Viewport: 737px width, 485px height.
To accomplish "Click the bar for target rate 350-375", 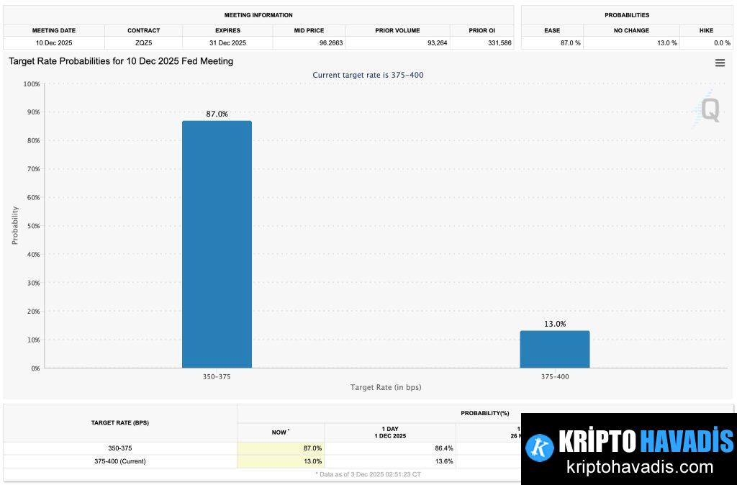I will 217,244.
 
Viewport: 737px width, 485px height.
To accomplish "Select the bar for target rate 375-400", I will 554,349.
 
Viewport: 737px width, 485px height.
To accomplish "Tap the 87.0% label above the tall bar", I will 217,114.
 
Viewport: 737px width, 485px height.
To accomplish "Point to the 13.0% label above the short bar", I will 554,324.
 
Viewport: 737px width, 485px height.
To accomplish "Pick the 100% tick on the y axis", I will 31,84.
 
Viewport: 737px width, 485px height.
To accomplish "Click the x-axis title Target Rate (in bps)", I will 386,387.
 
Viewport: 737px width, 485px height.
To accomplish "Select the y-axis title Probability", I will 15,226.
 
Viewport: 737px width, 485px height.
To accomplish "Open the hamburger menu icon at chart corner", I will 720,63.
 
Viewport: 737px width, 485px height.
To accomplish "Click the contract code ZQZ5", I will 143,43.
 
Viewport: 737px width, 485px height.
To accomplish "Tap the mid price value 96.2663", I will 309,43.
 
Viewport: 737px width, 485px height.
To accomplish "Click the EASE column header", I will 552,30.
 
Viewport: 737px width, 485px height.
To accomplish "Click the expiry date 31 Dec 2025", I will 227,43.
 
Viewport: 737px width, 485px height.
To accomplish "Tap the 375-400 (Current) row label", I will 120,461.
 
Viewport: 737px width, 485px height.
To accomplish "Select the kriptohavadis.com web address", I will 640,466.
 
